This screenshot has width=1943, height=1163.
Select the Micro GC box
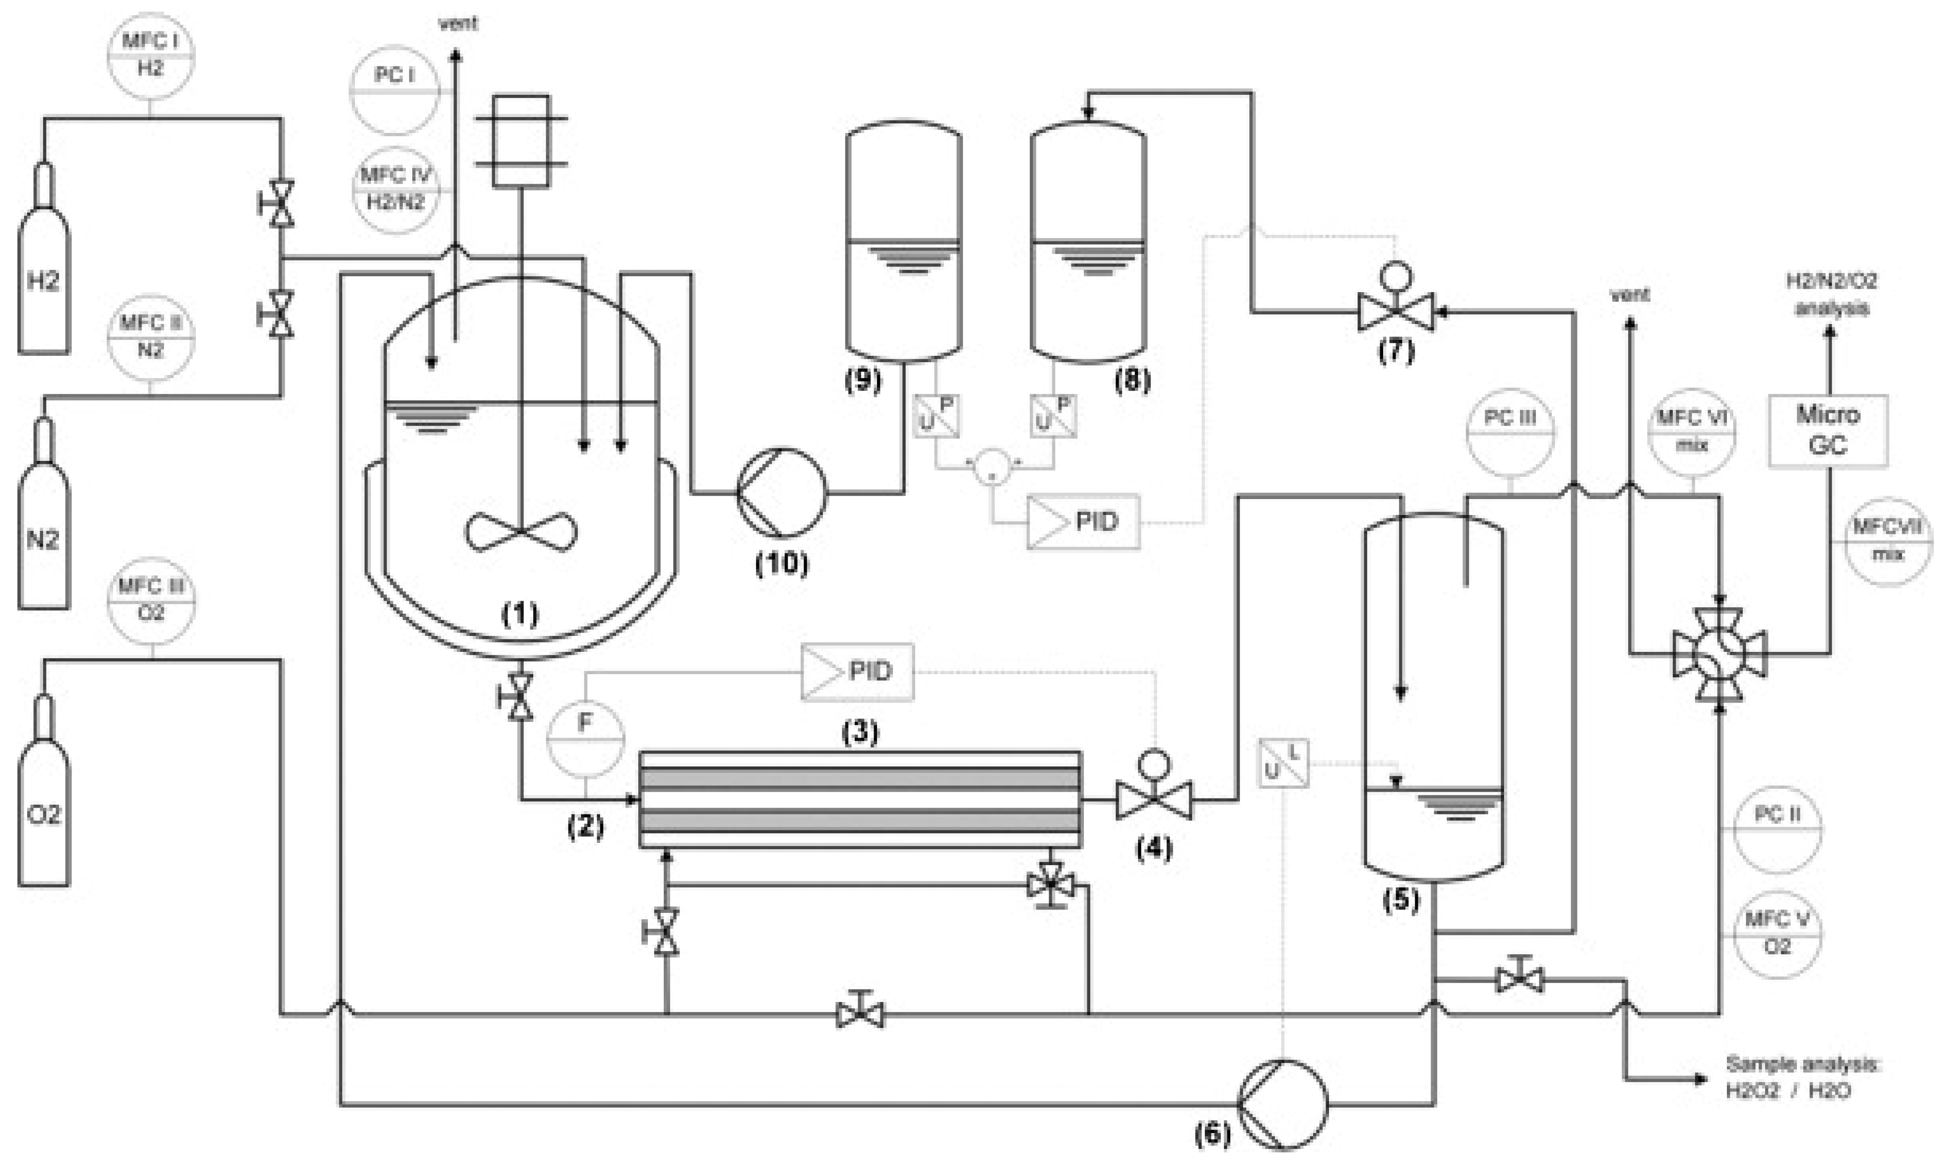tap(1827, 430)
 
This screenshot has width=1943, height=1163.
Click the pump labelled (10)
tap(781, 493)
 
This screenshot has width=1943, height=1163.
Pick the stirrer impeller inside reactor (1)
tap(521, 533)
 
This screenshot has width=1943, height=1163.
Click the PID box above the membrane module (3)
tap(857, 672)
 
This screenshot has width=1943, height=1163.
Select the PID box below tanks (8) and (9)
tap(1083, 521)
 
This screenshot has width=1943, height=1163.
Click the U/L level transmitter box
tap(1283, 763)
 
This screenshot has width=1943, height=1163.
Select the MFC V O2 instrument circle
tap(1777, 933)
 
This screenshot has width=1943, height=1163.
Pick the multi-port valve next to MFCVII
tap(1720, 654)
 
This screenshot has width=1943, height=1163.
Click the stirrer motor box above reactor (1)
tap(521, 141)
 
